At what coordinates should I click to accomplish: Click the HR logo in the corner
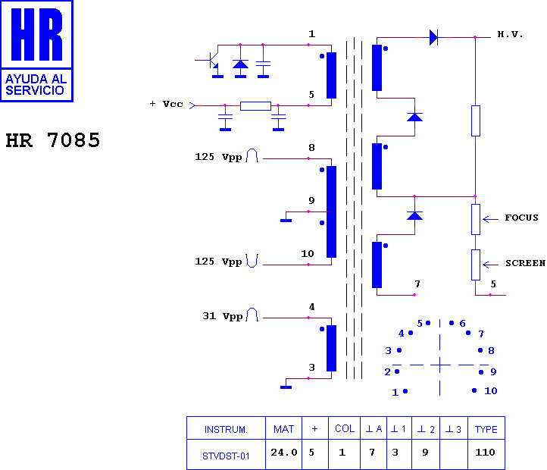(x=36, y=51)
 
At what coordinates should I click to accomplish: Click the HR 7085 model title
(x=53, y=140)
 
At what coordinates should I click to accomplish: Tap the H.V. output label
(x=510, y=34)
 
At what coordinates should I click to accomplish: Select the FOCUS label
(x=521, y=218)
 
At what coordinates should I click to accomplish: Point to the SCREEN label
(x=525, y=263)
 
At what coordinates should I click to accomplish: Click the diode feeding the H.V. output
(x=434, y=37)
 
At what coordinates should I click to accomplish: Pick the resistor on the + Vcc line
(x=255, y=106)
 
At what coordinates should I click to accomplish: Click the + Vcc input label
(x=167, y=104)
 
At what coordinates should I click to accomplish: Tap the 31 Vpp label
(x=223, y=316)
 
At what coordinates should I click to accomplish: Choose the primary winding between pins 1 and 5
(x=331, y=75)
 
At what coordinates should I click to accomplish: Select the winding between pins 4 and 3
(x=331, y=348)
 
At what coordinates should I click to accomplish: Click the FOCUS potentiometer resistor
(x=476, y=219)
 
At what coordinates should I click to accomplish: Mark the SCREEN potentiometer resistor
(x=476, y=265)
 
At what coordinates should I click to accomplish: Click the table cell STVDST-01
(x=226, y=456)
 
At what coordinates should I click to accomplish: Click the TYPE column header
(x=486, y=429)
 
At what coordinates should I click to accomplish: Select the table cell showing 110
(x=485, y=453)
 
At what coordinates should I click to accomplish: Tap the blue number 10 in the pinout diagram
(x=490, y=390)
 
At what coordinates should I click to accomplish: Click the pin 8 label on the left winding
(x=311, y=148)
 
